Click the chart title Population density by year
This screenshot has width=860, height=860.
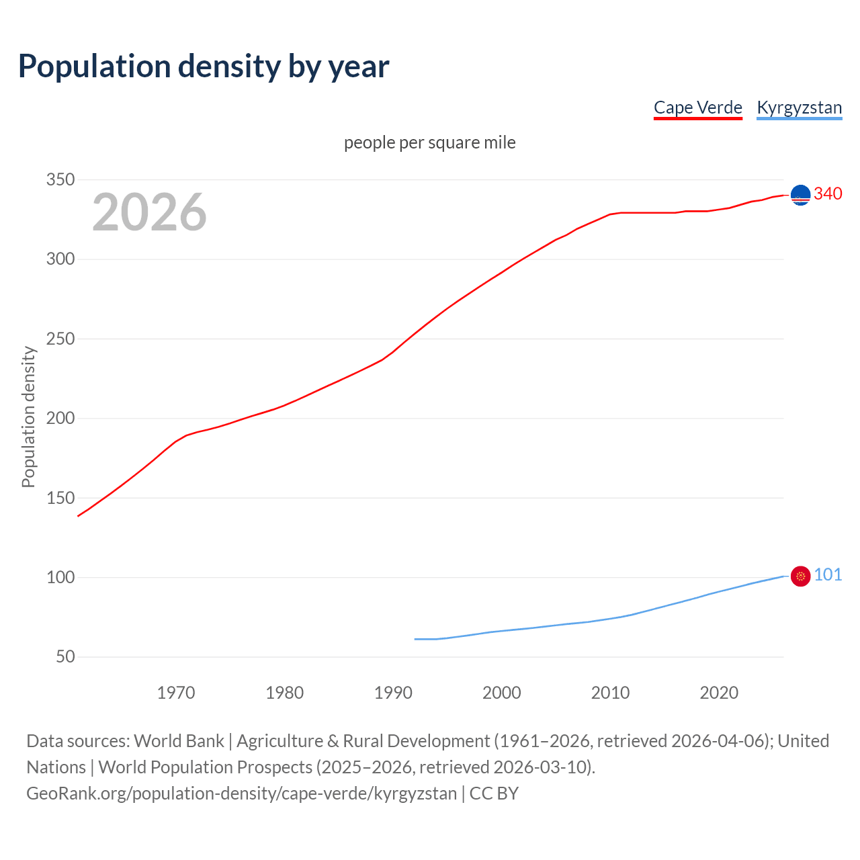(204, 67)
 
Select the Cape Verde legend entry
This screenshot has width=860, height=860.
(697, 107)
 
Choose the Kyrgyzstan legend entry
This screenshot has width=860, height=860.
(799, 107)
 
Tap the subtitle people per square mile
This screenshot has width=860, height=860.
(429, 142)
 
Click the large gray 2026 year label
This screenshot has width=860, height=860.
(149, 212)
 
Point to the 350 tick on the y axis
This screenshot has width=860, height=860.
(60, 179)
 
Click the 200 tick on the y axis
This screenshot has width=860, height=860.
(60, 418)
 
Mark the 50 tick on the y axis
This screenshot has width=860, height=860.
(65, 656)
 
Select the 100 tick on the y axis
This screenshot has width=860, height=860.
(60, 577)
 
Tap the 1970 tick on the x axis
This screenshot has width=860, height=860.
(176, 693)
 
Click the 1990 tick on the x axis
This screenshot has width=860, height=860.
(393, 693)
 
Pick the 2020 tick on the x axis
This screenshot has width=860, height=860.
(719, 693)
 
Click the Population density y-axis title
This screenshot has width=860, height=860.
(28, 417)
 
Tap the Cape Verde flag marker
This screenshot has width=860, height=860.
(800, 195)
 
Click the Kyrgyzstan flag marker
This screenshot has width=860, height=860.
(800, 576)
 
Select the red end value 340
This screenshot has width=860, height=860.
(828, 193)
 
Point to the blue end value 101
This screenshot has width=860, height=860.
(828, 574)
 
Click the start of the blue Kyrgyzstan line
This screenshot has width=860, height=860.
(415, 639)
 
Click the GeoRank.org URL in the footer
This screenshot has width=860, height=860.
(242, 793)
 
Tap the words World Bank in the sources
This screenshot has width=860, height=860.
(179, 741)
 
